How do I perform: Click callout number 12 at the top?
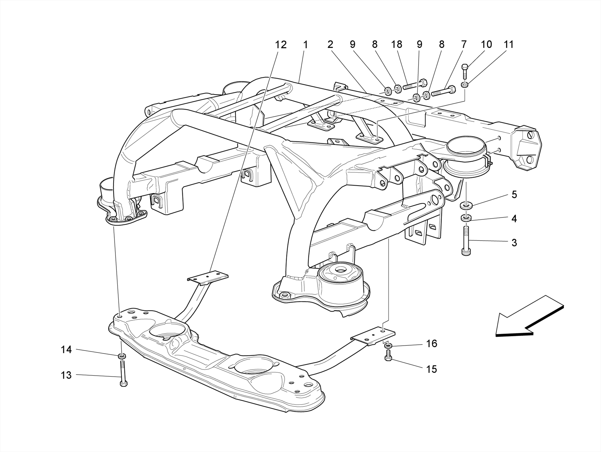pyautogui.click(x=280, y=45)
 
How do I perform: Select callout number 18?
pyautogui.click(x=396, y=45)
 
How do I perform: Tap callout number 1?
pyautogui.click(x=305, y=45)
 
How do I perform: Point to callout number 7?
pyautogui.click(x=464, y=45)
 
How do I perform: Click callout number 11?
pyautogui.click(x=509, y=45)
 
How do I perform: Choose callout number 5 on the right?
pyautogui.click(x=514, y=195)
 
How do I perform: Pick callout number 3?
pyautogui.click(x=514, y=243)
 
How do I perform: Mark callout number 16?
pyautogui.click(x=431, y=343)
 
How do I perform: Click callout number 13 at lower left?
pyautogui.click(x=66, y=375)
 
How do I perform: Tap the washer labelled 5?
pyautogui.click(x=466, y=205)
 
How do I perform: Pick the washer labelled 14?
pyautogui.click(x=122, y=356)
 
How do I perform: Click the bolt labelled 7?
pyautogui.click(x=443, y=91)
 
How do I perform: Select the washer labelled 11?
pyautogui.click(x=465, y=85)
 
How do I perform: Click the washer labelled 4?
pyautogui.click(x=466, y=218)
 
